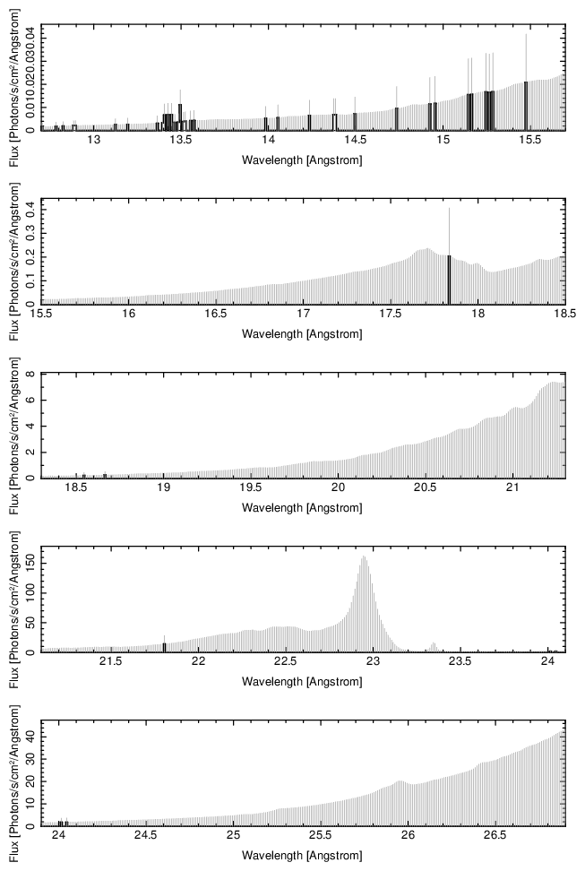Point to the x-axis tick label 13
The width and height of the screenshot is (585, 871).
[x=93, y=142]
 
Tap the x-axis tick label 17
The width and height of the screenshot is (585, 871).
[x=303, y=315]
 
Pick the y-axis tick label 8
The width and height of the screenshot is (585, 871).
[x=31, y=375]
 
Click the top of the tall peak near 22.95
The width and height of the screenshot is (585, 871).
[x=364, y=556]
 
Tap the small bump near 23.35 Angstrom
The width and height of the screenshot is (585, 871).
[x=434, y=643]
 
